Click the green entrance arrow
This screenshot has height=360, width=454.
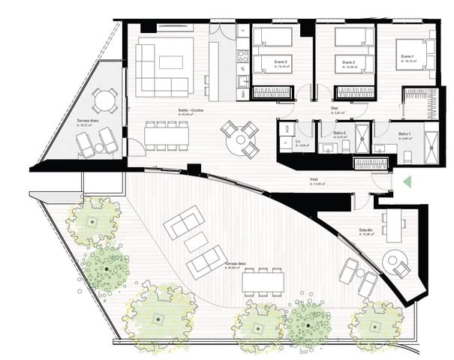pos(407,181)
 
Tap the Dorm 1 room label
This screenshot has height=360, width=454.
pos(406,57)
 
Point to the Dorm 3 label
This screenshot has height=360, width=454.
pos(281,61)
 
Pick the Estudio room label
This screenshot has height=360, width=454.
pos(365,230)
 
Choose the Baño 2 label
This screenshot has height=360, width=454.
pos(338,133)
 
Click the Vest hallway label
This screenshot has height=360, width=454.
pos(316,180)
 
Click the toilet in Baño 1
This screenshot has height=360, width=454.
pos(406,154)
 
